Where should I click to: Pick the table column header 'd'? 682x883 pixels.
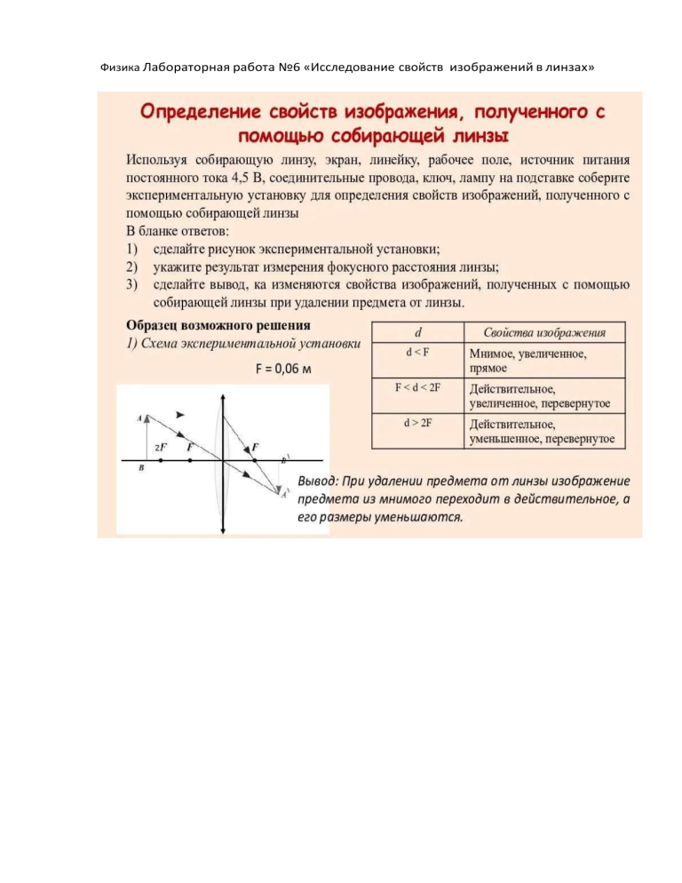417,333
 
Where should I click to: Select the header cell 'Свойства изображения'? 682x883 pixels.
545,333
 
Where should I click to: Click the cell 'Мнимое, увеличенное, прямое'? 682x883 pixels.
533,360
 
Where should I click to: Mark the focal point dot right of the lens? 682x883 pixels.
254,460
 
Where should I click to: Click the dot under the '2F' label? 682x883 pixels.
160,460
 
